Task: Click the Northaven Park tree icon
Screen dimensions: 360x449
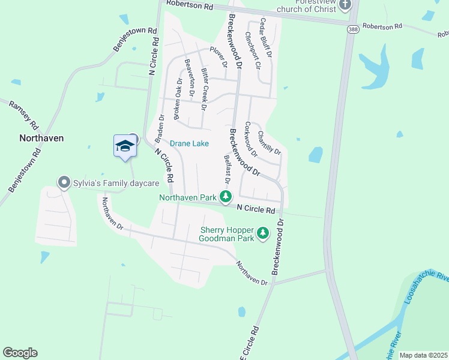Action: point(226,197)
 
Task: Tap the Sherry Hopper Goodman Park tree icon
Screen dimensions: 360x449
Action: point(263,233)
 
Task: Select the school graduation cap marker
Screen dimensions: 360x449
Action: point(124,146)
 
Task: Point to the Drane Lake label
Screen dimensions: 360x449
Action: point(189,143)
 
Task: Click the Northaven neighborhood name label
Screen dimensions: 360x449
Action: point(41,138)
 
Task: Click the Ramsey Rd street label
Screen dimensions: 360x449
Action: point(23,115)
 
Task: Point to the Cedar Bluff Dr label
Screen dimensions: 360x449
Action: point(265,38)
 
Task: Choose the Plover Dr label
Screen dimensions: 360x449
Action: point(218,56)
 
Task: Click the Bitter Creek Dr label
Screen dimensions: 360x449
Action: point(205,89)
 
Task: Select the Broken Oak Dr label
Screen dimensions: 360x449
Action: point(178,99)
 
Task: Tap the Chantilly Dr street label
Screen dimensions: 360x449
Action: point(270,142)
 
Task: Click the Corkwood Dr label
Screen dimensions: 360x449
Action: point(251,140)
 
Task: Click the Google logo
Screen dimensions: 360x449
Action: point(20,353)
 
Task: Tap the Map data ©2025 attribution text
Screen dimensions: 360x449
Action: point(423,355)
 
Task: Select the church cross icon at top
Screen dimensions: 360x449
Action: point(345,5)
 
